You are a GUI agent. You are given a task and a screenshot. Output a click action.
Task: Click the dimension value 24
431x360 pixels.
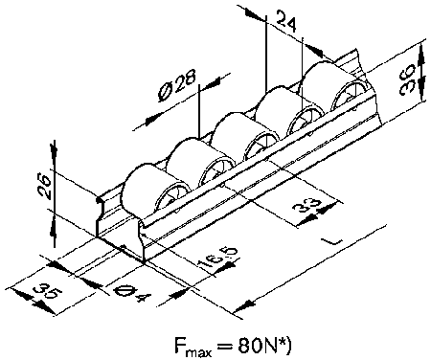pyautogui.click(x=286, y=21)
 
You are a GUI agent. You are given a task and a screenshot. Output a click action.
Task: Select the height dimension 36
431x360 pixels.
pyautogui.click(x=407, y=79)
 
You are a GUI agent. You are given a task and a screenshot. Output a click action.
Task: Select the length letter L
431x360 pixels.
pyautogui.click(x=334, y=241)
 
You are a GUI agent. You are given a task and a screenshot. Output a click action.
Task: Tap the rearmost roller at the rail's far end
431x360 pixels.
pyautogui.click(x=335, y=86)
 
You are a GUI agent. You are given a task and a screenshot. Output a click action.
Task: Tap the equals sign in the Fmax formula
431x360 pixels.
pyautogui.click(x=224, y=346)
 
